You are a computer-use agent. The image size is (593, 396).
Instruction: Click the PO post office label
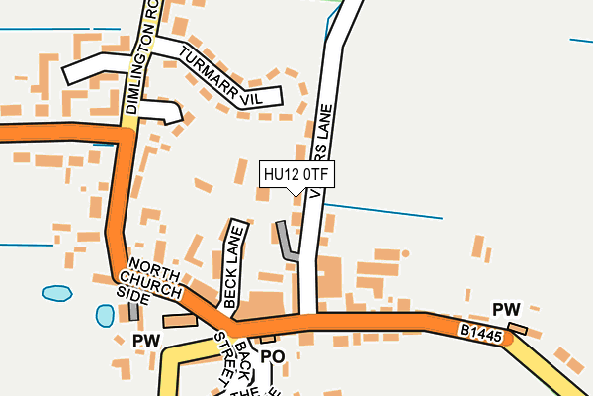[273, 356]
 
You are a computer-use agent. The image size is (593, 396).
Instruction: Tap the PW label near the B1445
[506, 309]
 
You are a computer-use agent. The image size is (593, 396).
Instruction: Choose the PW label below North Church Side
[146, 341]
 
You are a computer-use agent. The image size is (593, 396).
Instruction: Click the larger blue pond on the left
[57, 294]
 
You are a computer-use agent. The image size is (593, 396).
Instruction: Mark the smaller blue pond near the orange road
[105, 315]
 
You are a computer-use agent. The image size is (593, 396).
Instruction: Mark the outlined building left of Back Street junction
[180, 321]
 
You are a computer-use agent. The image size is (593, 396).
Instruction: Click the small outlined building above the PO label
[267, 339]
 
